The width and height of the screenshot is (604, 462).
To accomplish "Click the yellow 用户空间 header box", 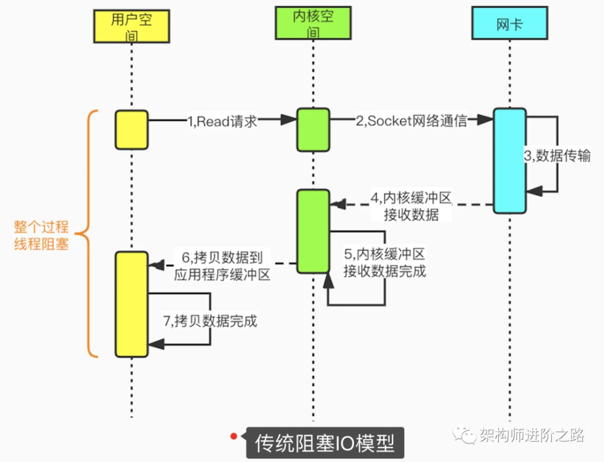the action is (132, 26).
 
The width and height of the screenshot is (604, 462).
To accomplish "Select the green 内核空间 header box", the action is (313, 23).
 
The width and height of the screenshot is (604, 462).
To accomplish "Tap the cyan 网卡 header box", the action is (510, 23).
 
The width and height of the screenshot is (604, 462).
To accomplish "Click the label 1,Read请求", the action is (222, 121).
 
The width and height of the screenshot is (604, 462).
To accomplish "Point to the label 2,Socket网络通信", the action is (411, 121).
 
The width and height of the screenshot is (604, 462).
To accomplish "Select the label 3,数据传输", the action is (557, 156).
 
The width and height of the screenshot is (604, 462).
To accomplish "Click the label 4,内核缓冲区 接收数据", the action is (411, 206).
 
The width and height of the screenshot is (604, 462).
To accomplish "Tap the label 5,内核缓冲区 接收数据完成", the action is (384, 263).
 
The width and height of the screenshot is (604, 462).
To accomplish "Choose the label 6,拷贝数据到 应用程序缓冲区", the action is (222, 266).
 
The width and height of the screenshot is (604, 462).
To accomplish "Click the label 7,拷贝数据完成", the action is (210, 321).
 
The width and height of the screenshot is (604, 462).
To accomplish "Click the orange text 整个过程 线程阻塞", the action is (41, 236).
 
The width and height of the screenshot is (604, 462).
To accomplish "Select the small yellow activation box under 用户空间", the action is (132, 130).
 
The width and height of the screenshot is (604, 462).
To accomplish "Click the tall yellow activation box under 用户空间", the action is (132, 304).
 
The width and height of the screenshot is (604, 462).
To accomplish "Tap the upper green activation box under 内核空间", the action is (313, 130).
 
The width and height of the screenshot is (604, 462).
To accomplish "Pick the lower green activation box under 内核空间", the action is (313, 231).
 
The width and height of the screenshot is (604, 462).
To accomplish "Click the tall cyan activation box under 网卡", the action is (510, 161).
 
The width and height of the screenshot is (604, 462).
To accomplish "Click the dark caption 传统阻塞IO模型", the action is (325, 443).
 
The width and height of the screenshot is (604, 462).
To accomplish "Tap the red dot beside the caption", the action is (233, 436).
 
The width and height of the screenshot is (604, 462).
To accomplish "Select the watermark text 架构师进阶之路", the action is (532, 435).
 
